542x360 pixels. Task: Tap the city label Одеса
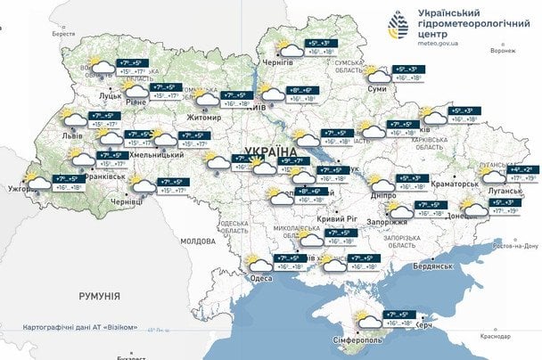261,278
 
